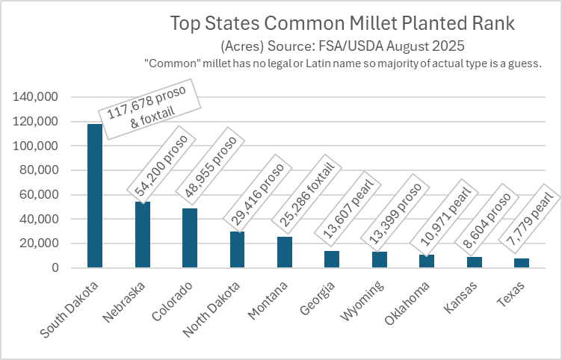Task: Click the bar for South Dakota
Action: (95, 196)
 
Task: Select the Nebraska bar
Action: (142, 235)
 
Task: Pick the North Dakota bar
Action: (237, 249)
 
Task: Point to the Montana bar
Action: (285, 252)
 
